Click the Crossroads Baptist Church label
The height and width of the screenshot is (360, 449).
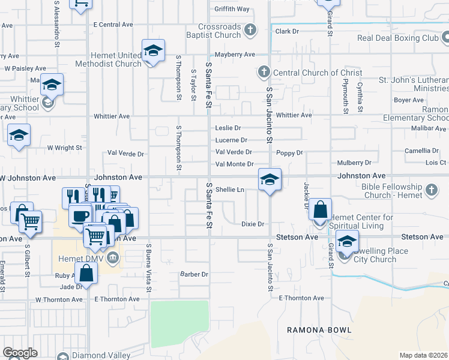[x=221, y=31]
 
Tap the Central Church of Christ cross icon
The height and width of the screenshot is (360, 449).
[x=263, y=73]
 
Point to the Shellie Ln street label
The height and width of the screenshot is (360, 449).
[x=230, y=190]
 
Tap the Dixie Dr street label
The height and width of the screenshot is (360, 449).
[x=253, y=224]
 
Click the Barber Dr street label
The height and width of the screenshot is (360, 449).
[x=194, y=274]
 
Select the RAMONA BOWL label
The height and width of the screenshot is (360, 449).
[x=319, y=330]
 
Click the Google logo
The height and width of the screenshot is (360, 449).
[x=19, y=353]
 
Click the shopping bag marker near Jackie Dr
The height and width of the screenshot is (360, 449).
[x=321, y=211]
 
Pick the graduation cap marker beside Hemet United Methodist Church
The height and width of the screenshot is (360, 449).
[x=153, y=51]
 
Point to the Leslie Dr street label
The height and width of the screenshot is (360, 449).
[x=228, y=128]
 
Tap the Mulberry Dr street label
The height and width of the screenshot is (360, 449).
[x=354, y=162]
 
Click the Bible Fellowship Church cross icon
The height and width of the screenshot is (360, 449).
[x=431, y=191]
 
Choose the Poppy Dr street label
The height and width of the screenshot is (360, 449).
[x=290, y=153]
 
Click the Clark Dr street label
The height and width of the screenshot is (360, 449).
[x=287, y=31]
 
